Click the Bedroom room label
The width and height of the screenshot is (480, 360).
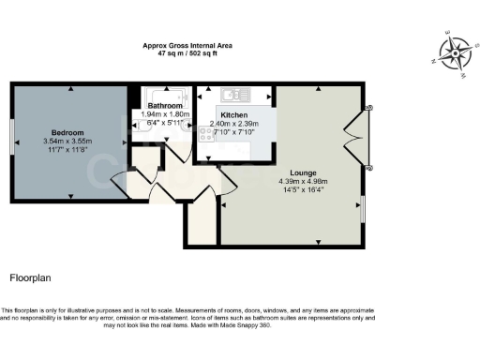69,132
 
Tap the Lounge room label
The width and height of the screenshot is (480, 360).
303,173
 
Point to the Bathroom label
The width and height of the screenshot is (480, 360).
165,106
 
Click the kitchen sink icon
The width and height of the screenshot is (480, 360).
233,95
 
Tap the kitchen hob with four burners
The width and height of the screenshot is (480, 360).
206,133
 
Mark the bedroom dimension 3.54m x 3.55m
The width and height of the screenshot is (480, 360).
69,141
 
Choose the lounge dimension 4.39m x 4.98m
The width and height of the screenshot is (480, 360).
303,182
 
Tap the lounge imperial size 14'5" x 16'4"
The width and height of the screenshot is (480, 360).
303,190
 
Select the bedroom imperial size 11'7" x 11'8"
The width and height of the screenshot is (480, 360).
69,149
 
